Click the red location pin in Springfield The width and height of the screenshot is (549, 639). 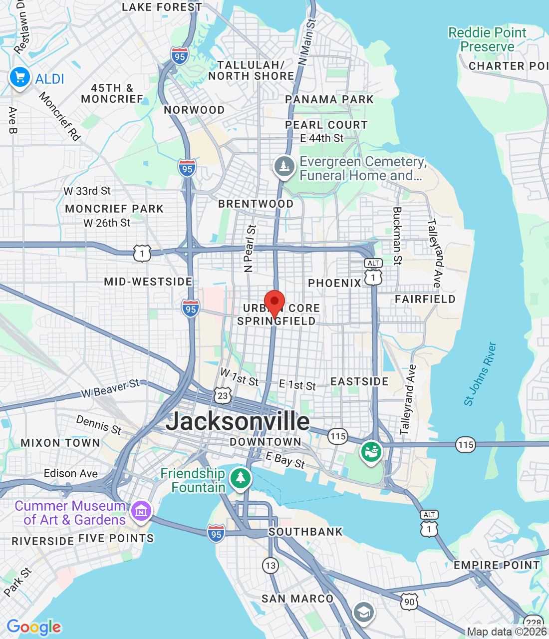[x=274, y=303]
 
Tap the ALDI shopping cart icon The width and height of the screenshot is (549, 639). [x=20, y=78]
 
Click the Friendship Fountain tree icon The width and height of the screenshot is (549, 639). [x=241, y=478]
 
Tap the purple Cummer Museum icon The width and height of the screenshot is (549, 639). [x=141, y=511]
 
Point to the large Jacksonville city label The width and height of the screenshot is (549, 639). [x=238, y=421]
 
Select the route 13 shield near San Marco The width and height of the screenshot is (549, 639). [x=270, y=566]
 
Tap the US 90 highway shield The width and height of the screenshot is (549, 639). [x=409, y=602]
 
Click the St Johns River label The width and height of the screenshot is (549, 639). [x=480, y=374]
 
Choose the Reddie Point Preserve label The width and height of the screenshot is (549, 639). [x=487, y=40]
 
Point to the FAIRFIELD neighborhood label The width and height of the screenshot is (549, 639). [x=425, y=299]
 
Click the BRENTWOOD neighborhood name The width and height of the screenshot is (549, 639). [x=256, y=204]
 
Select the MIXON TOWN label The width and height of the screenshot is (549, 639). [x=60, y=443]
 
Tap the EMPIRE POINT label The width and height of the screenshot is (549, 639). [x=497, y=565]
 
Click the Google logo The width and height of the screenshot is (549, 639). [x=34, y=627]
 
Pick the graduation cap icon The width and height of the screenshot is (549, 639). [x=363, y=612]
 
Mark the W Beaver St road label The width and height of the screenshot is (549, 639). [x=110, y=388]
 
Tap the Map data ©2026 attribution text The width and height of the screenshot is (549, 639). [x=507, y=632]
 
